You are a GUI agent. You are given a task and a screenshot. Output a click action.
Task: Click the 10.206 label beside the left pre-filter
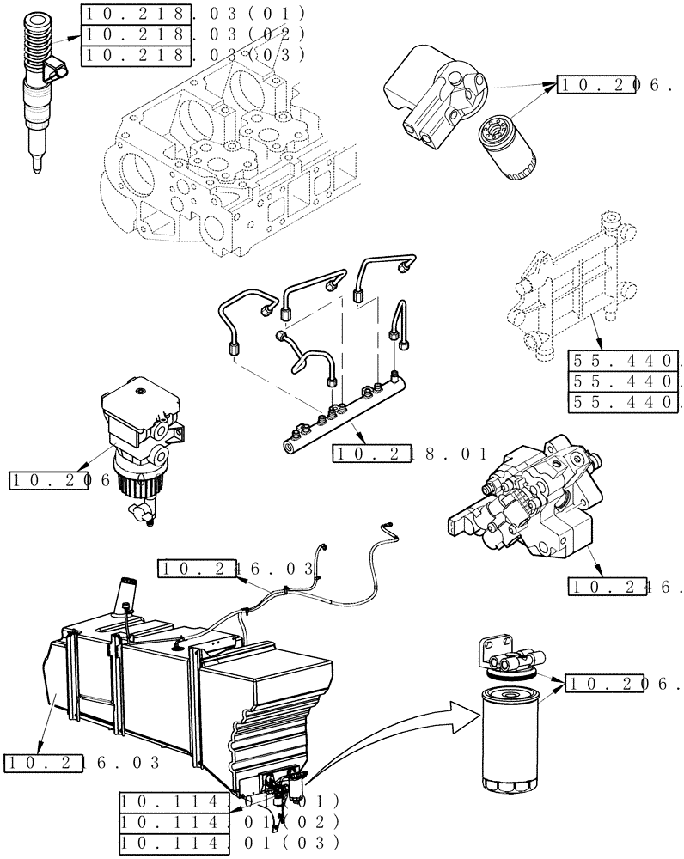click(x=61, y=481)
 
